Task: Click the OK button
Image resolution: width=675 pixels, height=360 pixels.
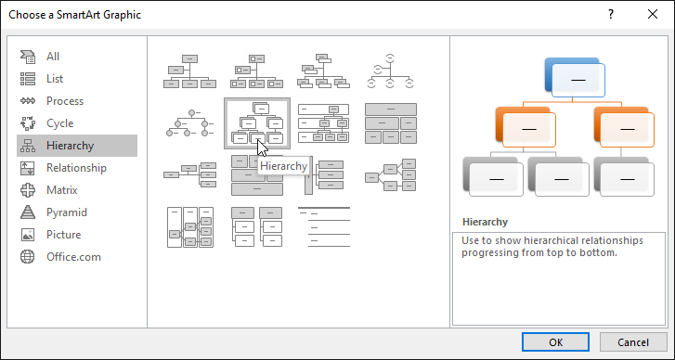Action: [555, 341]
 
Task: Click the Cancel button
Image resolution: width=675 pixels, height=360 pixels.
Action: [633, 341]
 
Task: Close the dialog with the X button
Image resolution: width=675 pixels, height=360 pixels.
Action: [652, 15]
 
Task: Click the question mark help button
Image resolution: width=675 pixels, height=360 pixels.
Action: [610, 15]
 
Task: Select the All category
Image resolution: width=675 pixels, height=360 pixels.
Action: [53, 57]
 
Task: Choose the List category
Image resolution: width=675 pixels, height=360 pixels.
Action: [54, 79]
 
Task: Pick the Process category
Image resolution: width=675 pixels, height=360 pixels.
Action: [64, 101]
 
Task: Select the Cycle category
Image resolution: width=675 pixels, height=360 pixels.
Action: [59, 123]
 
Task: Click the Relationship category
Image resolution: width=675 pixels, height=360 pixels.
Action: [76, 168]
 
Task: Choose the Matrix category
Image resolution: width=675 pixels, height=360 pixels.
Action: [62, 190]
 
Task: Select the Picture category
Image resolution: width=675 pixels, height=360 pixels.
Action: [63, 235]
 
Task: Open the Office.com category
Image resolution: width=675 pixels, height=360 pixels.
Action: [73, 257]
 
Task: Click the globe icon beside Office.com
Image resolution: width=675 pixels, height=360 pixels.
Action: [28, 257]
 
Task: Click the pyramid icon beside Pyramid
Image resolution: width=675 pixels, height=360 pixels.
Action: [28, 212]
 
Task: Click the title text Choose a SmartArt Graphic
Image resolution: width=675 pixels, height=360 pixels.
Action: [76, 15]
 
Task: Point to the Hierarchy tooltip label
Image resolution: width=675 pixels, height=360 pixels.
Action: [283, 166]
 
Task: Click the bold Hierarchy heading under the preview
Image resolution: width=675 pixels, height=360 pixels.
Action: [485, 223]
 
